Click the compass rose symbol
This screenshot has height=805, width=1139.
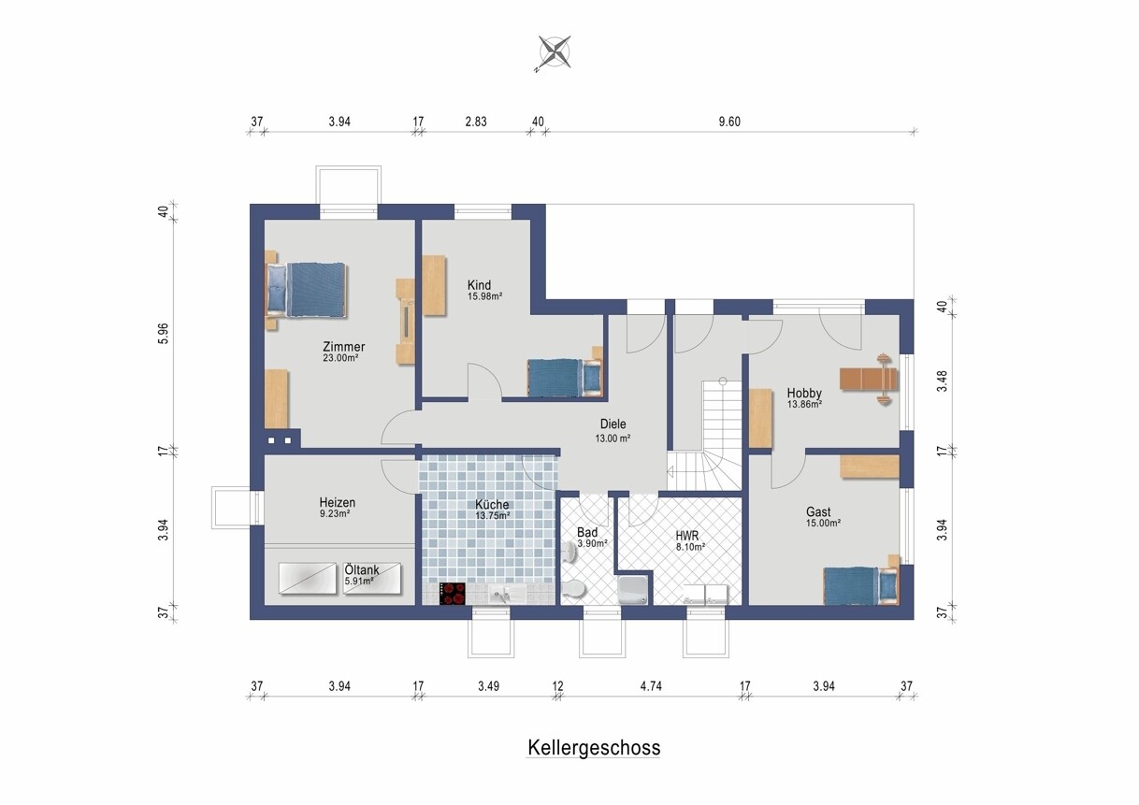[x=554, y=52]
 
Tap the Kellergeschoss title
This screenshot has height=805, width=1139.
[x=594, y=748]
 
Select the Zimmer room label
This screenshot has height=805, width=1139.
[x=344, y=347]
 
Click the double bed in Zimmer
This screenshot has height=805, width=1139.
[x=307, y=291]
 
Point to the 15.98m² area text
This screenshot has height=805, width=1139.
[x=485, y=296]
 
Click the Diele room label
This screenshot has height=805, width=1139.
[x=613, y=424]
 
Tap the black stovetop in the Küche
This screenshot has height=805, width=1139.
[x=453, y=594]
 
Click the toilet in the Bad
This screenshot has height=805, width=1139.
[x=574, y=590]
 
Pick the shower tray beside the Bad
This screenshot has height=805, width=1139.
[x=632, y=590]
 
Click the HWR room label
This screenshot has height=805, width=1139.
[x=687, y=536]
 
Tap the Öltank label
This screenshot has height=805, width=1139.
[x=362, y=569]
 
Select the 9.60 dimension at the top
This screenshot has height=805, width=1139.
[x=729, y=122]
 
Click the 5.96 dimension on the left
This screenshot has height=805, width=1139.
[x=164, y=334]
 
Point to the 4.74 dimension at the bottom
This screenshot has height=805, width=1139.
[x=651, y=686]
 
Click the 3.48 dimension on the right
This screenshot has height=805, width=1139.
[x=943, y=381]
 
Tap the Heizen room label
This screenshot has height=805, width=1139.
[x=338, y=502]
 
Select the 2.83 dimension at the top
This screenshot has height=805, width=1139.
[x=476, y=122]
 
